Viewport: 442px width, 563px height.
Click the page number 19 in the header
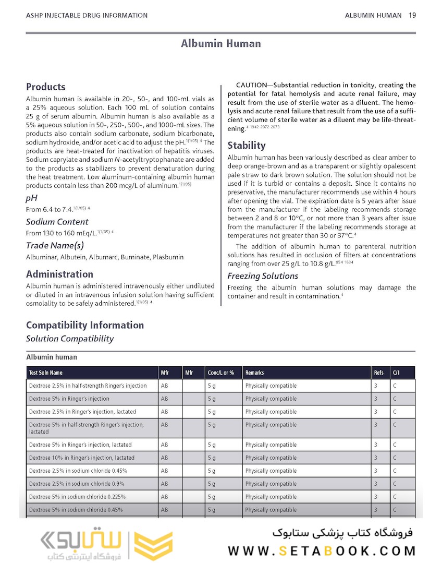pos(412,15)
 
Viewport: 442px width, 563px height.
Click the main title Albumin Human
pos(221,43)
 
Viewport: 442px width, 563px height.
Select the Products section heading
pos(46,87)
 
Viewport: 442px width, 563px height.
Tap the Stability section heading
pos(247,146)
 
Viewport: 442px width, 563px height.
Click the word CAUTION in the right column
pos(252,85)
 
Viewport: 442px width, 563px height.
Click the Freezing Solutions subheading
pos(263,276)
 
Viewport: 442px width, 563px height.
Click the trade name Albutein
pos(71,257)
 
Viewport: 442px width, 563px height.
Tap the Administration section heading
pos(60,274)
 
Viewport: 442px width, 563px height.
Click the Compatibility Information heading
pos(85,325)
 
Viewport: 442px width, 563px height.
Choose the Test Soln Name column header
pos(46,373)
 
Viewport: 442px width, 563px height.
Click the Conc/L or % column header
pos(221,373)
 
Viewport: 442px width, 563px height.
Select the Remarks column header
pos(255,373)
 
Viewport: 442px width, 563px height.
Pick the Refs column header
pos(378,373)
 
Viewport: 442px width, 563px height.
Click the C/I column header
pos(396,373)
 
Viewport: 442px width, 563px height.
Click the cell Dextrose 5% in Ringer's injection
pos(69,399)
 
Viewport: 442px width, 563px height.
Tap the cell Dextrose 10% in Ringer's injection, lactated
pos(82,458)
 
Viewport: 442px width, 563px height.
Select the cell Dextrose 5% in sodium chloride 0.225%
pos(77,497)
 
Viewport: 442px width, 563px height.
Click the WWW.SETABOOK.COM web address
pos(322,551)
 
